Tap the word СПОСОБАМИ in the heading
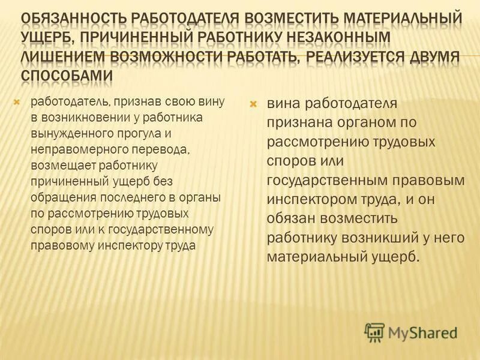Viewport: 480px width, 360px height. tap(67, 77)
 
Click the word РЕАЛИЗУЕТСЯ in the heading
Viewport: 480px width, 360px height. tap(358, 58)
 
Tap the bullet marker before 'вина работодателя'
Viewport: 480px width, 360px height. tap(253, 104)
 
